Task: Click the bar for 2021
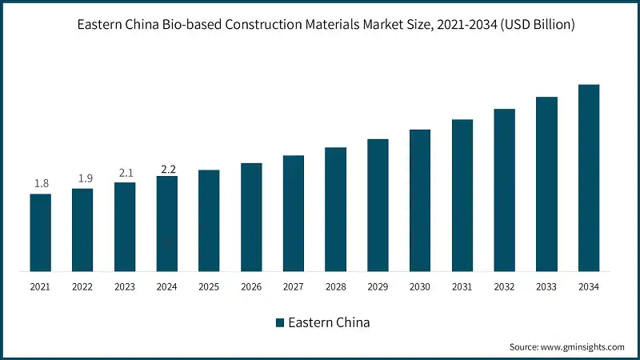pyautogui.click(x=41, y=232)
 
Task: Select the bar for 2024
pyautogui.click(x=167, y=223)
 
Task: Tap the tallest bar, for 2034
pyautogui.click(x=589, y=178)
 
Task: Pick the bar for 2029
pyautogui.click(x=378, y=205)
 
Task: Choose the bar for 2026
pyautogui.click(x=251, y=217)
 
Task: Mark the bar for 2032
pyautogui.click(x=504, y=190)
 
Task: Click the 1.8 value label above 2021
pyautogui.click(x=41, y=184)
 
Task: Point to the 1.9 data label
pyautogui.click(x=82, y=178)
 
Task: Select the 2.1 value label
pyautogui.click(x=125, y=172)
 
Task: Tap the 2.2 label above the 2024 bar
pyautogui.click(x=167, y=169)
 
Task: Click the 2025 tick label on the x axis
pyautogui.click(x=209, y=286)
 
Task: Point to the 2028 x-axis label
pyautogui.click(x=335, y=286)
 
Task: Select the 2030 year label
pyautogui.click(x=420, y=286)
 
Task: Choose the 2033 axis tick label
pyautogui.click(x=546, y=286)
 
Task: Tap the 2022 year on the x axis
pyautogui.click(x=82, y=286)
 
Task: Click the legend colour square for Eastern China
pyautogui.click(x=279, y=322)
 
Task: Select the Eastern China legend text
pyautogui.click(x=329, y=322)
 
